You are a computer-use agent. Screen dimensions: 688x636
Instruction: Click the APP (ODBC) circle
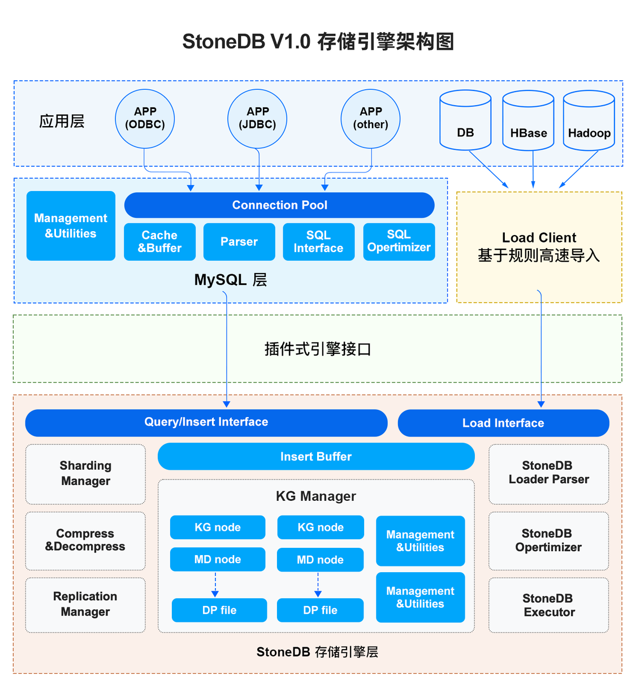pyautogui.click(x=145, y=119)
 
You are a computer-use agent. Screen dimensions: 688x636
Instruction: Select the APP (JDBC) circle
pyautogui.click(x=257, y=119)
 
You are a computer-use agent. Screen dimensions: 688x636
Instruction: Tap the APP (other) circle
pyautogui.click(x=370, y=119)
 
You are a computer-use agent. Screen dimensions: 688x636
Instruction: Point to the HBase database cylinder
pyautogui.click(x=528, y=121)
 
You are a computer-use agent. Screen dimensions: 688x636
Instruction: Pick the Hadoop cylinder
pyautogui.click(x=589, y=121)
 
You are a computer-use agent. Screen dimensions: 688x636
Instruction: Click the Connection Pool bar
pyautogui.click(x=279, y=205)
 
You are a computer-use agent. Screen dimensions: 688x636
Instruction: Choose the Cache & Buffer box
pyautogui.click(x=159, y=242)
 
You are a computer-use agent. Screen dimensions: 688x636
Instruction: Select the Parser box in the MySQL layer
pyautogui.click(x=239, y=242)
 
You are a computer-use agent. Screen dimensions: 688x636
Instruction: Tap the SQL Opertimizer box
pyautogui.click(x=399, y=242)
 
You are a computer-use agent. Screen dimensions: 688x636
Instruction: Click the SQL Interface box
pyautogui.click(x=318, y=242)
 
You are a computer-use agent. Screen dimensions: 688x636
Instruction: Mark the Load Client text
pyautogui.click(x=539, y=238)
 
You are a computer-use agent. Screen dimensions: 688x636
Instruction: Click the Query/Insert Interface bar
pyautogui.click(x=206, y=422)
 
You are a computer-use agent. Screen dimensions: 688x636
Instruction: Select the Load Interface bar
pyautogui.click(x=503, y=423)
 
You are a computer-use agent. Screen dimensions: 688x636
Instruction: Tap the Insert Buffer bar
pyautogui.click(x=315, y=457)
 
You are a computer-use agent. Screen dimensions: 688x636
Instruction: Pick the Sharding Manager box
pyautogui.click(x=85, y=474)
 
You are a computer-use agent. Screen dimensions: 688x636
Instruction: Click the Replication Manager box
pyautogui.click(x=85, y=604)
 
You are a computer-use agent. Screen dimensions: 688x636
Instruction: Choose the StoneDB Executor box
pyautogui.click(x=548, y=605)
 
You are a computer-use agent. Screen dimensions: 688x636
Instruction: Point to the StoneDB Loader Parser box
pyautogui.click(x=548, y=473)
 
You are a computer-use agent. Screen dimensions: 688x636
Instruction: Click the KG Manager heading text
pyautogui.click(x=315, y=496)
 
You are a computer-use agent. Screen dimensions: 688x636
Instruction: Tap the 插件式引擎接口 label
pyautogui.click(x=318, y=349)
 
